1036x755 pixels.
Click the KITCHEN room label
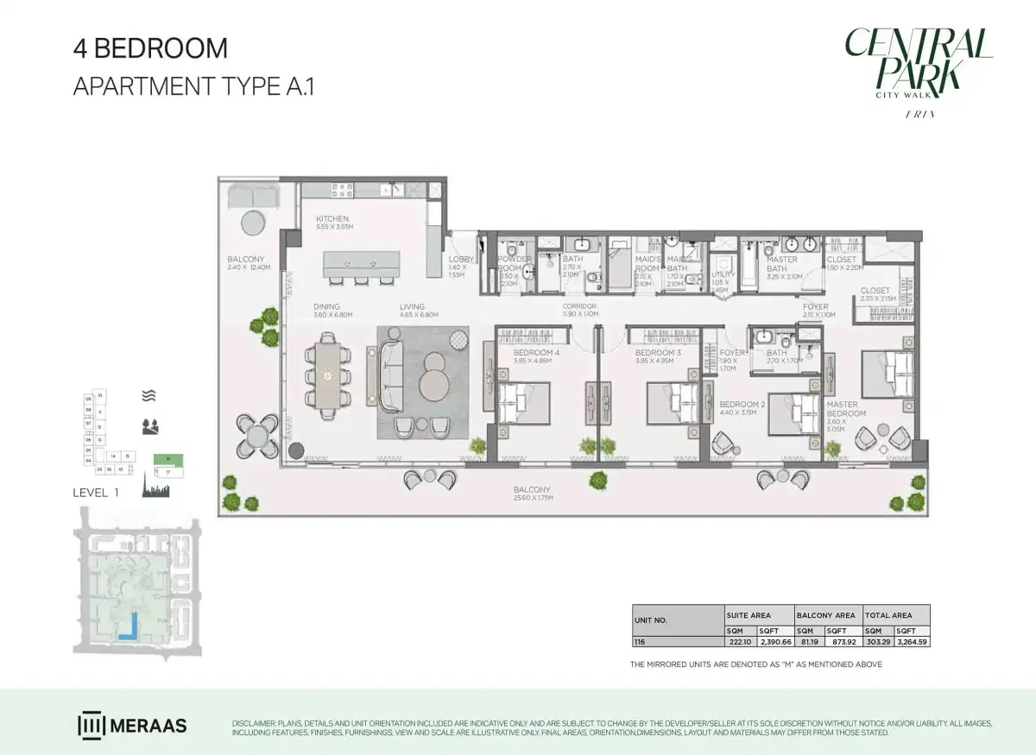click(332, 219)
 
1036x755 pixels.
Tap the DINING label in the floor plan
click(326, 306)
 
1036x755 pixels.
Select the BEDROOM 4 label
click(536, 353)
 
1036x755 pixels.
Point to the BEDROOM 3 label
click(658, 353)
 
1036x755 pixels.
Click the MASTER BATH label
click(782, 260)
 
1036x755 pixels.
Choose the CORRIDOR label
click(579, 306)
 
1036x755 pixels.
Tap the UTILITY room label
click(723, 274)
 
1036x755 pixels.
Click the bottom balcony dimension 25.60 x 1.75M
click(532, 499)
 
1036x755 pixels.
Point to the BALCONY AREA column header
click(827, 615)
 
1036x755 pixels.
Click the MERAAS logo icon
click(91, 725)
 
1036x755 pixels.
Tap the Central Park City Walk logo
click(918, 65)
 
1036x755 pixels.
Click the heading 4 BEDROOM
click(150, 48)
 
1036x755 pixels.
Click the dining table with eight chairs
click(328, 375)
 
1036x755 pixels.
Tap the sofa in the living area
click(388, 374)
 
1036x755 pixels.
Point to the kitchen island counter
click(362, 263)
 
